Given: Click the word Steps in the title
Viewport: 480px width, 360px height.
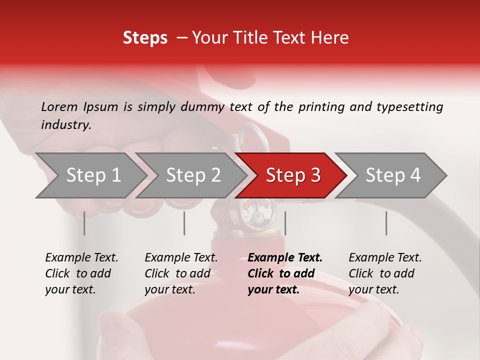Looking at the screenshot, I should pos(145,38).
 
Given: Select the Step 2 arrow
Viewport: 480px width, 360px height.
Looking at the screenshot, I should pos(192,175).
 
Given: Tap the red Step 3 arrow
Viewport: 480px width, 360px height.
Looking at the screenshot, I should pos(292,175).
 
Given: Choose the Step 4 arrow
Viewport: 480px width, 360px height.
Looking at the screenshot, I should pos(392,175).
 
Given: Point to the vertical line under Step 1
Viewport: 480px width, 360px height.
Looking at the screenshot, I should pos(84,223).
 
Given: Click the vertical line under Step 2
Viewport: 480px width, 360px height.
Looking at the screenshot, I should pos(184,223).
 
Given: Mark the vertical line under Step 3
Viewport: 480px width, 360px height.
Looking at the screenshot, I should pos(285,223).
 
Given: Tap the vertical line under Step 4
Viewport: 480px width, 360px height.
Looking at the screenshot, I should pos(386,223).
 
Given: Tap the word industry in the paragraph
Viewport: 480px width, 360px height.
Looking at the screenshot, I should pos(66,125).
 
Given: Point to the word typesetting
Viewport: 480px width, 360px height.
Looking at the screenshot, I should pos(409,107).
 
